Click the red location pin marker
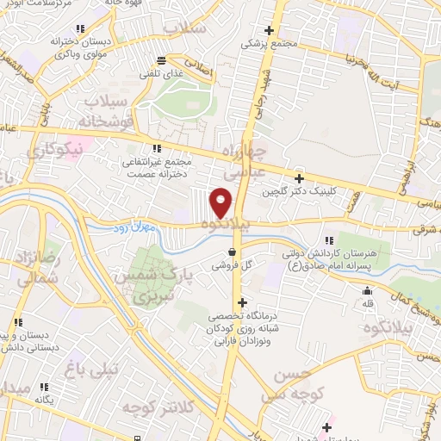tap(222, 202)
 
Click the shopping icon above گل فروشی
tap(232, 252)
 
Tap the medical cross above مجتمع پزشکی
tap(270, 30)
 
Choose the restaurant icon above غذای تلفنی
tap(161, 59)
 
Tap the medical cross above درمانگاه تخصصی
tap(244, 303)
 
